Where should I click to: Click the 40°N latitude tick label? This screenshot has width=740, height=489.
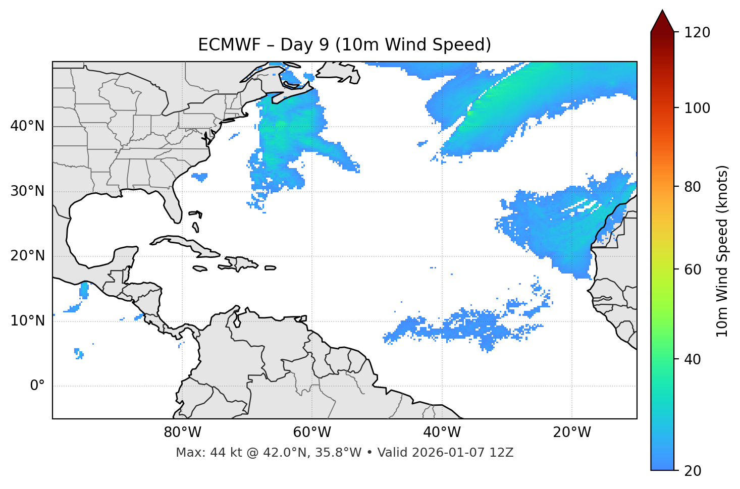tap(27, 126)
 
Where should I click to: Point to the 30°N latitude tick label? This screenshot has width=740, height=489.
tap(27, 191)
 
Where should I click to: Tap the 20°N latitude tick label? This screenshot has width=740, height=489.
tap(27, 256)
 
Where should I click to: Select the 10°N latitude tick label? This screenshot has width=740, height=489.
tap(27, 321)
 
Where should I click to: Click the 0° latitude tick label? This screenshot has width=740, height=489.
tap(37, 386)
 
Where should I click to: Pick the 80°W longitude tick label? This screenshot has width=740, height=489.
tap(182, 432)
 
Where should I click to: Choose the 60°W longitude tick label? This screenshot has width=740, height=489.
tap(312, 432)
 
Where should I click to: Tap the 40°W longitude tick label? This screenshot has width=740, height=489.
tap(442, 432)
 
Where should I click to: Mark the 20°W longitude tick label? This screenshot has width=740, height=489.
tap(572, 432)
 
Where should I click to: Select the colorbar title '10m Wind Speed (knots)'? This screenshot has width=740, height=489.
tap(722, 251)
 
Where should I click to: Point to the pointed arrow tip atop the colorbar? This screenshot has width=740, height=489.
tap(662, 12)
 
